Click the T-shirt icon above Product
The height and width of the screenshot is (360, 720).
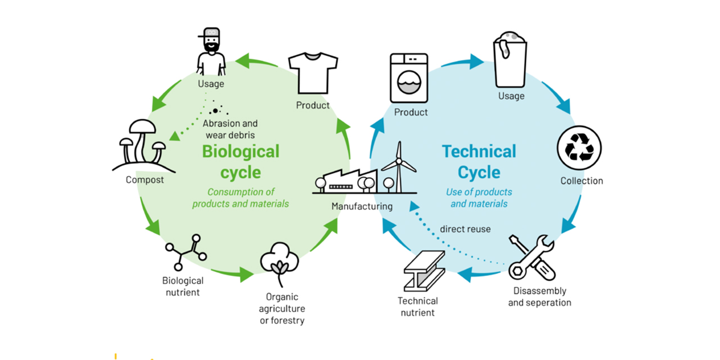click(x=313, y=73)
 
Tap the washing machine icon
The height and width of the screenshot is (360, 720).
click(x=409, y=78)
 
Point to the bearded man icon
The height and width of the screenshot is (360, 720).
click(x=211, y=51)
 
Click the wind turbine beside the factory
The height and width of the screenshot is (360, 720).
click(x=399, y=166)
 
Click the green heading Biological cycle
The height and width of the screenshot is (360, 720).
click(x=240, y=161)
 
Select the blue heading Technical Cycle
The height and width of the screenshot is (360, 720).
click(x=479, y=161)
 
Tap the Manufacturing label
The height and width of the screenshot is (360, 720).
click(x=362, y=206)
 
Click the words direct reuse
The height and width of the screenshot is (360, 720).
click(x=465, y=229)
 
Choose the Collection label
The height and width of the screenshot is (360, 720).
click(x=582, y=181)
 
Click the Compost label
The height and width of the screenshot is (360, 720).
click(x=145, y=180)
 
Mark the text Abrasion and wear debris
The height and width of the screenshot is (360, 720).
click(x=230, y=129)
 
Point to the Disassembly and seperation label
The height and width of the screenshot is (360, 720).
click(x=539, y=297)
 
